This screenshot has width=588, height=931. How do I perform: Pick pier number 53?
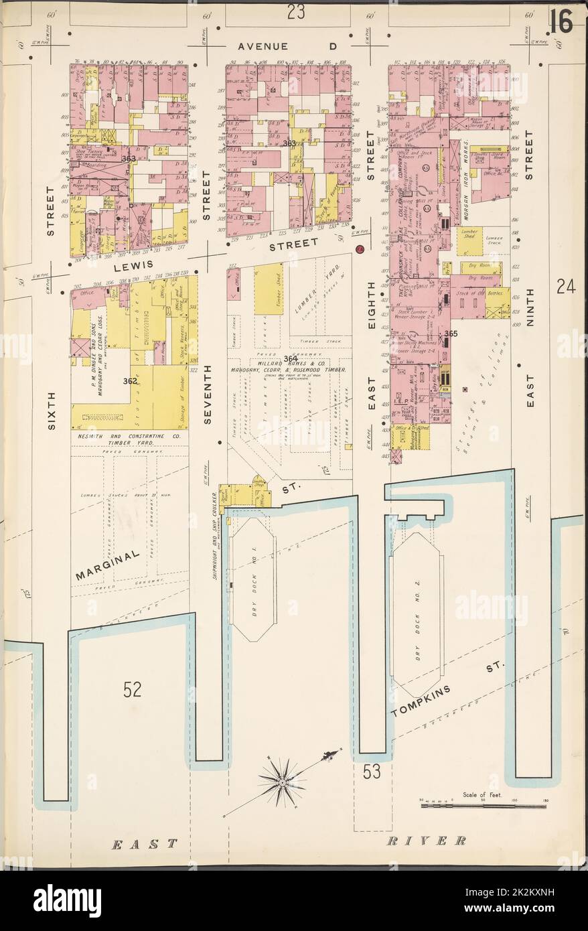click(x=372, y=772)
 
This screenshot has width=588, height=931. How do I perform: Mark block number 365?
click(x=450, y=334)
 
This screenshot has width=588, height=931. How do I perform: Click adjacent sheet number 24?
click(x=566, y=287)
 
